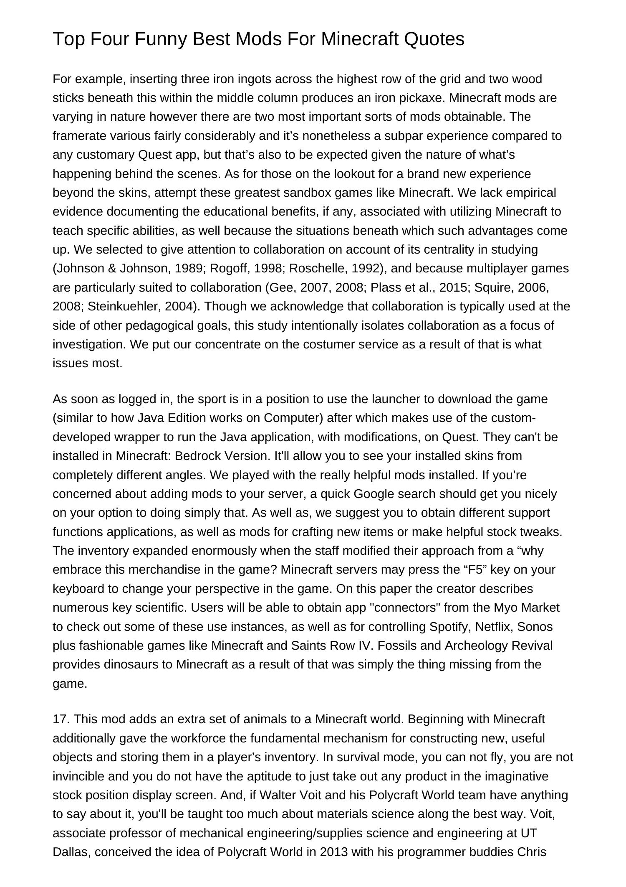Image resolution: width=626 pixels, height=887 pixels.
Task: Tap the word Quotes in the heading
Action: click(434, 39)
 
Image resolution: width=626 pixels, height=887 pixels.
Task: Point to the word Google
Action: click(372, 494)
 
